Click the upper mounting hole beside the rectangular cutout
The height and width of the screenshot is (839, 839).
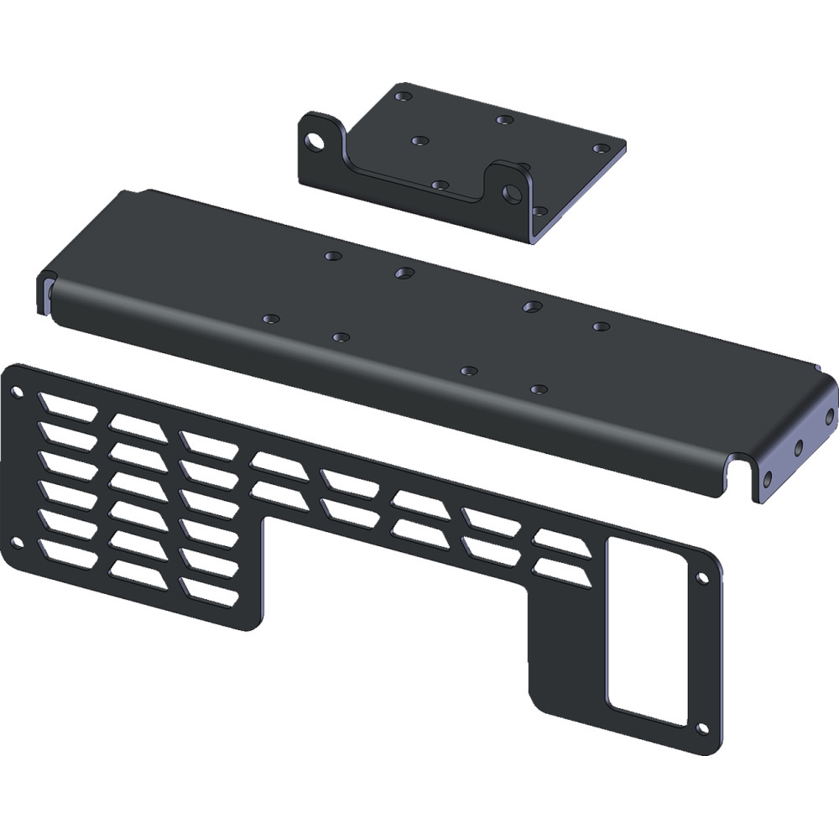701,578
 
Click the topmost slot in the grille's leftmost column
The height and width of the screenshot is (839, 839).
67,407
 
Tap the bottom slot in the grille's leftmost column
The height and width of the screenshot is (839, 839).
67,551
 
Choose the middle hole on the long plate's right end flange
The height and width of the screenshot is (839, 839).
799,447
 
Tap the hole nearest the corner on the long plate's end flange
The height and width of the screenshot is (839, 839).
829,416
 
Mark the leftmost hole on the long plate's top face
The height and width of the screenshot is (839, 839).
269,319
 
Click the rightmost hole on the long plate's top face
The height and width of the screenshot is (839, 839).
600,326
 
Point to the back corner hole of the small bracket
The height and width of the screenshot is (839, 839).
404,96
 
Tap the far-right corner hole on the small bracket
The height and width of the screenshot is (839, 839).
600,149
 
